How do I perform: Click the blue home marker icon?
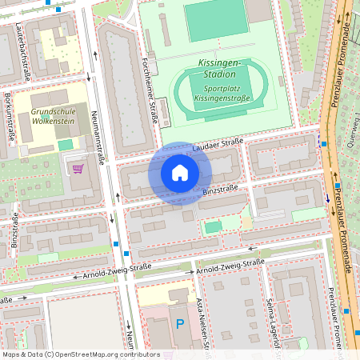[180, 174]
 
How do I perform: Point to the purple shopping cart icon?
[78, 168]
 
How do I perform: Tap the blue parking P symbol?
[178, 324]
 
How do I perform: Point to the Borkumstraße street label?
[8, 116]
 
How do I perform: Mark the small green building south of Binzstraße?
[212, 227]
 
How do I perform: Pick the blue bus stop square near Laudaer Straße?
[322, 143]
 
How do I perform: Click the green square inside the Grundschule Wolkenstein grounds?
[65, 144]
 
